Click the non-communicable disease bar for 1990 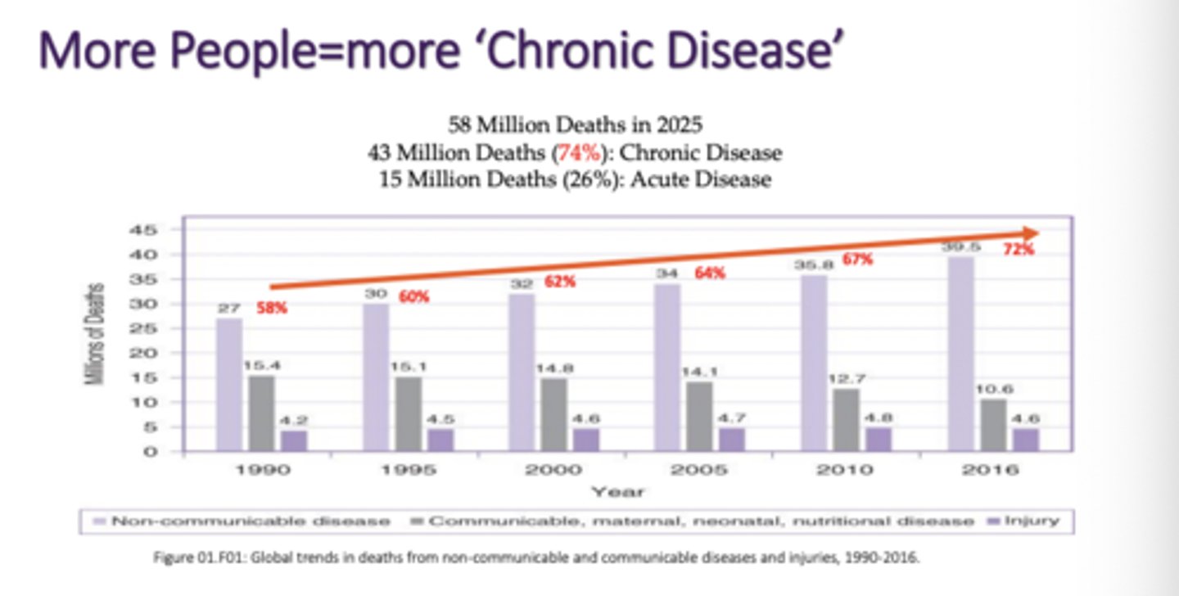point(229,385)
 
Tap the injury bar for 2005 point(731,439)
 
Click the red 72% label point(1019,250)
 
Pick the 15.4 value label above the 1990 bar point(262,365)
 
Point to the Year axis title point(618,493)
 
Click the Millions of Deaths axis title point(97,334)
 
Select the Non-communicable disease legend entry point(242,521)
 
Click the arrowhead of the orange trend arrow point(1030,233)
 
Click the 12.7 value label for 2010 point(847,378)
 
